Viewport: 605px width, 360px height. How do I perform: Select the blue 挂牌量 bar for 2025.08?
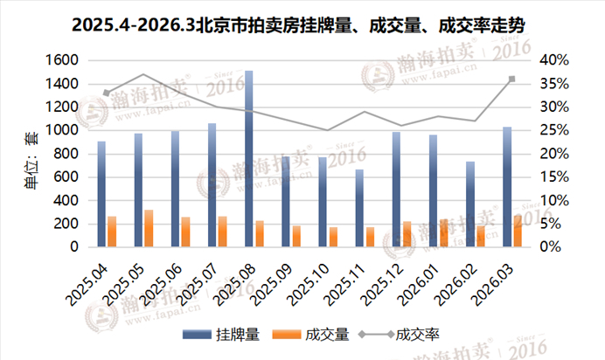pos(249,159)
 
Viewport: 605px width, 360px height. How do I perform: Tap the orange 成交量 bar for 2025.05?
pos(149,229)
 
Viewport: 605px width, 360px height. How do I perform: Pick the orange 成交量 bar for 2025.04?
pos(112,232)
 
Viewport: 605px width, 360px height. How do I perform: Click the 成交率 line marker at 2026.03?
pos(511,79)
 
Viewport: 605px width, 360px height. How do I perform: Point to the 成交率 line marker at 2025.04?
pos(106,93)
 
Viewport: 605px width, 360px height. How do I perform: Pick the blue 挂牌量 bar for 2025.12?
pos(396,190)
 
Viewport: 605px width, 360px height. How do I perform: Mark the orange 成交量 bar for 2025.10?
pos(333,237)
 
